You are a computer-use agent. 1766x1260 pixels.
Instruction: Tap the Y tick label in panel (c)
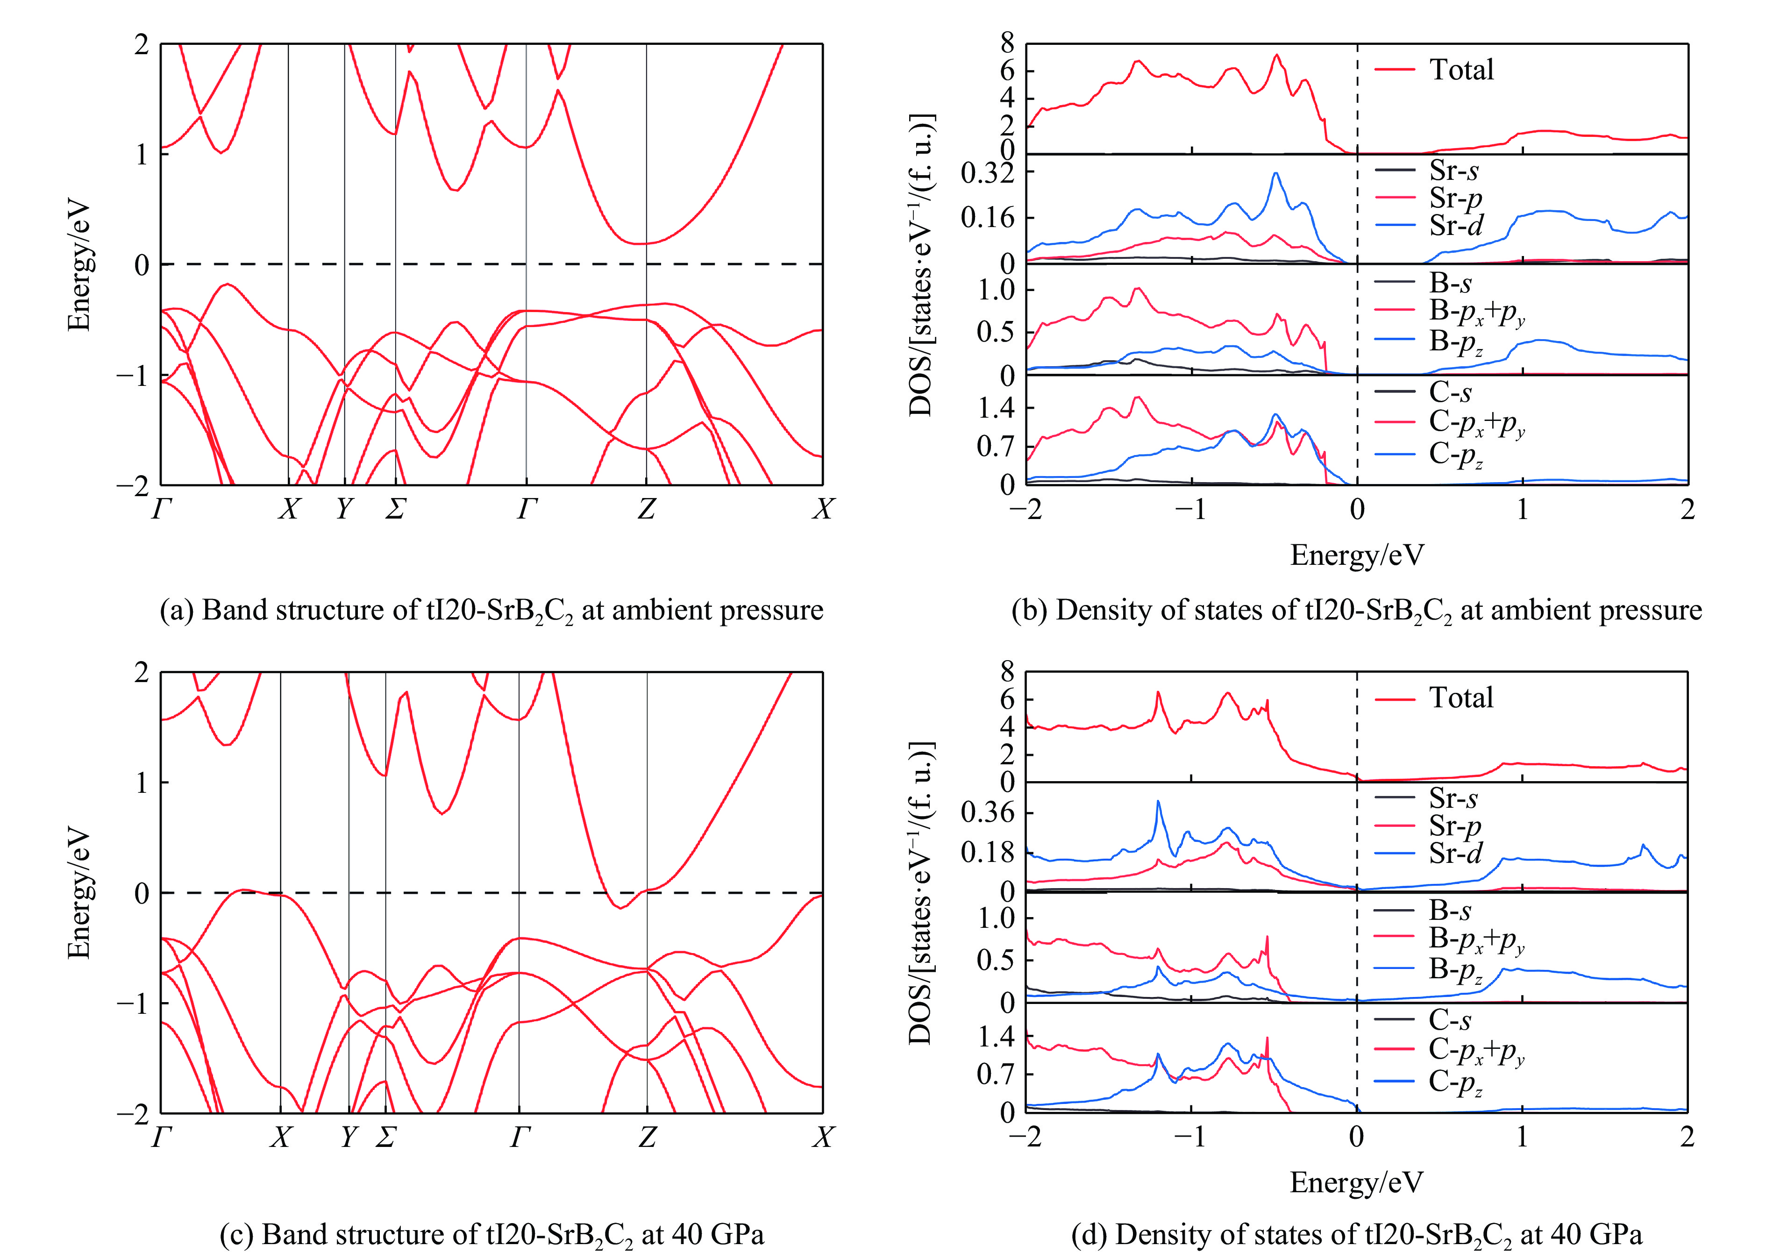[x=349, y=1138]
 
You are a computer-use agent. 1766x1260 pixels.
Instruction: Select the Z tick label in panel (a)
[x=646, y=510]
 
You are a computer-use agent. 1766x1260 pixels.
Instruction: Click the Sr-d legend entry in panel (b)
[x=1455, y=226]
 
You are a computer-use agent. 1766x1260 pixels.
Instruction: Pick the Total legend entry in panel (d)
[x=1460, y=698]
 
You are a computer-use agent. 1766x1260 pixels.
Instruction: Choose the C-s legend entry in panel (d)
[x=1449, y=1019]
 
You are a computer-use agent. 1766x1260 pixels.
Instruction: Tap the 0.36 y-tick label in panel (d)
[x=987, y=812]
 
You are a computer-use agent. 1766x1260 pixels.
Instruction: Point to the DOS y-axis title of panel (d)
[x=920, y=892]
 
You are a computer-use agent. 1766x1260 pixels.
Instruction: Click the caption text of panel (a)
[x=491, y=611]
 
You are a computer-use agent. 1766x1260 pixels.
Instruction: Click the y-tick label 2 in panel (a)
[x=141, y=45]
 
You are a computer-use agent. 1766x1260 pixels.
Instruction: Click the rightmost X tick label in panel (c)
[x=822, y=1138]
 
